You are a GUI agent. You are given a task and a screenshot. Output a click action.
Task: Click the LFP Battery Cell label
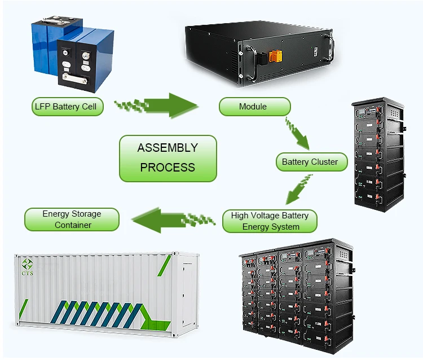[67, 107]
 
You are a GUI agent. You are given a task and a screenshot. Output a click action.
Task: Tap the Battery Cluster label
[311, 162]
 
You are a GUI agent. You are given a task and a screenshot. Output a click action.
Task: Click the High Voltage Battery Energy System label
[270, 221]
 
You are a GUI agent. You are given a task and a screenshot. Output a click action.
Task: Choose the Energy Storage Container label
[72, 219]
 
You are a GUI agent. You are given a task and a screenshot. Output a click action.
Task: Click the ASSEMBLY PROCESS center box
[168, 158]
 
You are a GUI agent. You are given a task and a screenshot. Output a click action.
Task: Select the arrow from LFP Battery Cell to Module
[164, 105]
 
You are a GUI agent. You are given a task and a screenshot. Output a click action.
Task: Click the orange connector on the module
[277, 57]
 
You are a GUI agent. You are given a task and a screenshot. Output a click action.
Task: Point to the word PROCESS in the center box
[168, 168]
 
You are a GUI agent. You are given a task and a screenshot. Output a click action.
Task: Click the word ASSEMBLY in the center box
[168, 148]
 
